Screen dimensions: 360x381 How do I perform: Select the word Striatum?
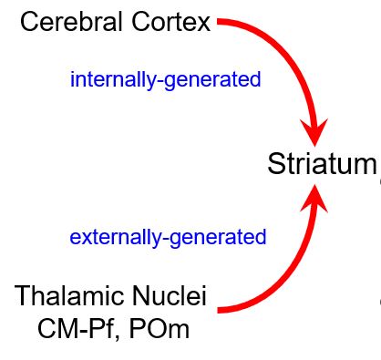click(x=321, y=164)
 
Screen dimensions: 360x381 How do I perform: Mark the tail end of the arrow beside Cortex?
click(x=221, y=22)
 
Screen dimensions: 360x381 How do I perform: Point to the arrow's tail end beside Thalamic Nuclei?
click(x=221, y=310)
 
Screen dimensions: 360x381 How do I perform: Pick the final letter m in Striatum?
click(x=365, y=166)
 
